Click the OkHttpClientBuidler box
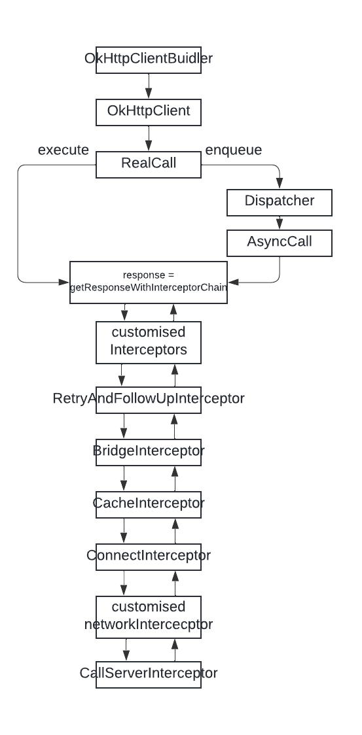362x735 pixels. click(x=149, y=59)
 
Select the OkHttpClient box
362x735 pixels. click(x=149, y=112)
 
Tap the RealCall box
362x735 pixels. click(x=149, y=164)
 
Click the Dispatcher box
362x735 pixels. click(x=280, y=202)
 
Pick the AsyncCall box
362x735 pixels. click(x=280, y=242)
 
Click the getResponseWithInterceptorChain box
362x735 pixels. click(x=149, y=282)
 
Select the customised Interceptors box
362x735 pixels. click(x=149, y=342)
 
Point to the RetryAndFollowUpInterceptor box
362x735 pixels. click(x=149, y=399)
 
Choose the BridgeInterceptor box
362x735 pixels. click(x=149, y=451)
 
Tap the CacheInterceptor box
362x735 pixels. click(x=149, y=504)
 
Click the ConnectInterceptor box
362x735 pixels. click(x=149, y=556)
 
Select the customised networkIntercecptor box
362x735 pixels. click(x=149, y=615)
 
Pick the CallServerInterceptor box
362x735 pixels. click(x=149, y=674)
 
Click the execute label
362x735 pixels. click(x=63, y=150)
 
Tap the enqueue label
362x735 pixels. click(x=234, y=150)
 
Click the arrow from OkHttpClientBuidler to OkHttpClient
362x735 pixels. click(x=149, y=85)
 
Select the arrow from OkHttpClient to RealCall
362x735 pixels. click(x=149, y=138)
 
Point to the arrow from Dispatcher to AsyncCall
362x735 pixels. click(x=280, y=222)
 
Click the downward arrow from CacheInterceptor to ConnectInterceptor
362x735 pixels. click(x=122, y=530)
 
